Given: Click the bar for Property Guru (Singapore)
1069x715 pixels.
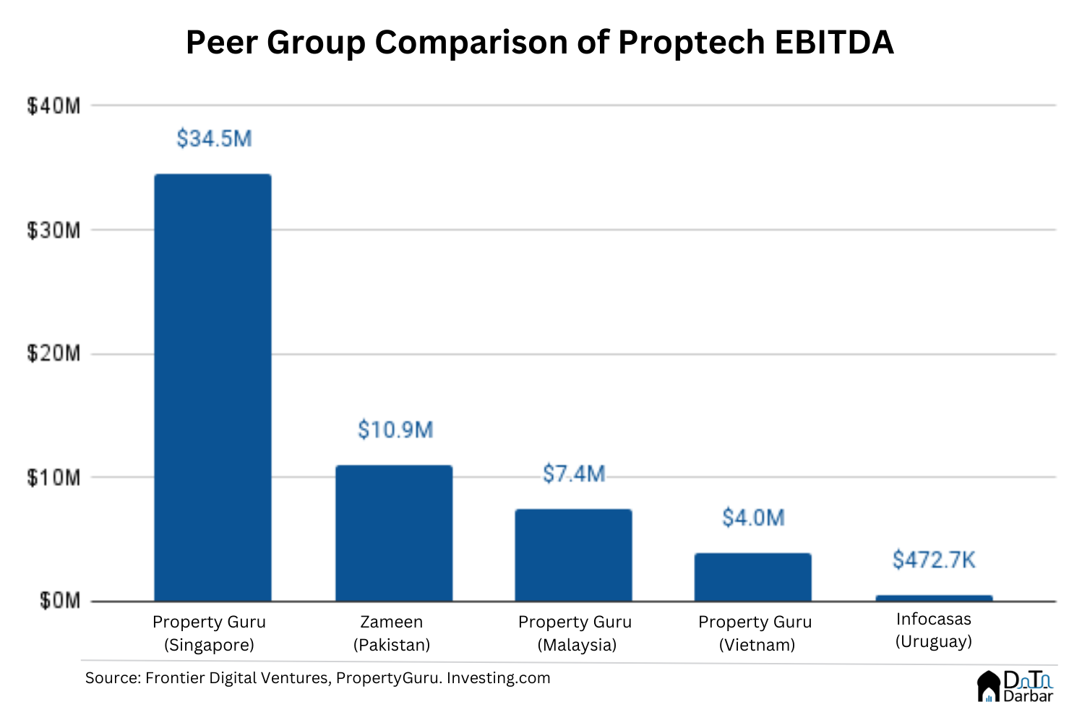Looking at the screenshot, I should (x=213, y=387).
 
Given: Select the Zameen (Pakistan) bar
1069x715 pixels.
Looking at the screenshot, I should (x=394, y=533).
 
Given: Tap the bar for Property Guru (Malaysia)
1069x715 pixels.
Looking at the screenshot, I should (x=573, y=555).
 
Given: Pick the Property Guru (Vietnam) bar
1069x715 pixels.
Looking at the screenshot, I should (x=753, y=577).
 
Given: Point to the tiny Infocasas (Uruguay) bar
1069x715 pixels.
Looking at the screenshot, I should (x=934, y=598).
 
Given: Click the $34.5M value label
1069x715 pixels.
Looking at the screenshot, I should (x=214, y=138).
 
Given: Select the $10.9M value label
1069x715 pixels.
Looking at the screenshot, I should (x=395, y=430).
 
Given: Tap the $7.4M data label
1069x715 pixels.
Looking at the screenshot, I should (x=574, y=474).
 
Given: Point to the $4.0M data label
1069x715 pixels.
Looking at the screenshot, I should (x=753, y=518).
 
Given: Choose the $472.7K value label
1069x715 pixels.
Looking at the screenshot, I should (x=934, y=560).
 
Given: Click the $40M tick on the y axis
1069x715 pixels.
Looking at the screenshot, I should (x=53, y=106).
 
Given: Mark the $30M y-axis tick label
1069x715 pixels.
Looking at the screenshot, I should (x=53, y=231).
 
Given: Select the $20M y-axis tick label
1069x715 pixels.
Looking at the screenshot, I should (x=53, y=354).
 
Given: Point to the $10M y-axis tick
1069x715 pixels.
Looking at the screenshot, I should (x=53, y=478).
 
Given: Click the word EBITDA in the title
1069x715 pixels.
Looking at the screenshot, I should (x=834, y=43).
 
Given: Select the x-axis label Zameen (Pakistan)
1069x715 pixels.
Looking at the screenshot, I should (x=392, y=633).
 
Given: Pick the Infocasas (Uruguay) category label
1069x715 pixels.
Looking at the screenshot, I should (x=934, y=630).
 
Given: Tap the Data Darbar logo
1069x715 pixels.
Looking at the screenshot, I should (x=1016, y=686).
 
